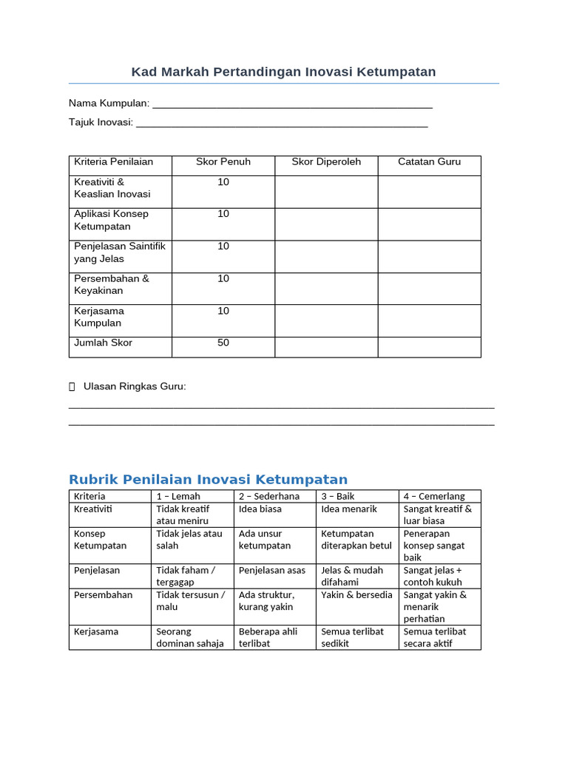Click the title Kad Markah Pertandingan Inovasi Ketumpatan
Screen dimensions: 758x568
[283, 72]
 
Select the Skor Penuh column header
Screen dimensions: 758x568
[223, 162]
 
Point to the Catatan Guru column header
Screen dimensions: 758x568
[429, 162]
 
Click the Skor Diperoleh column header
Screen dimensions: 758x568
[326, 162]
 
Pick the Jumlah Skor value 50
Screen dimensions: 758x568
[223, 343]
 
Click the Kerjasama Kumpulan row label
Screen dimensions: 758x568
[99, 317]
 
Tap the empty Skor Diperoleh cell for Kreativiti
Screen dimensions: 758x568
[326, 191]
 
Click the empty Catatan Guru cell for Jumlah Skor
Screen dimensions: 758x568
[429, 347]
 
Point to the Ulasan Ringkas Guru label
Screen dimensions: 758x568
[135, 386]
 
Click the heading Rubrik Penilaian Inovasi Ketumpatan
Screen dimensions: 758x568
[208, 479]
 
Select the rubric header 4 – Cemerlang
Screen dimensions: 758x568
[434, 496]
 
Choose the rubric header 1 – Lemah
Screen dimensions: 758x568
[178, 496]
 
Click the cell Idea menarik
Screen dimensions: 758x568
[349, 509]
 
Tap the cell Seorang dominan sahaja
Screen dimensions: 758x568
[190, 637]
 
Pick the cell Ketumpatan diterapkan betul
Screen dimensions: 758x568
[356, 540]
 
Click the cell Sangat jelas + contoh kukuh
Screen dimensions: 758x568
[433, 576]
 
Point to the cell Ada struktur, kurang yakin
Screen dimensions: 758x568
[266, 600]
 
